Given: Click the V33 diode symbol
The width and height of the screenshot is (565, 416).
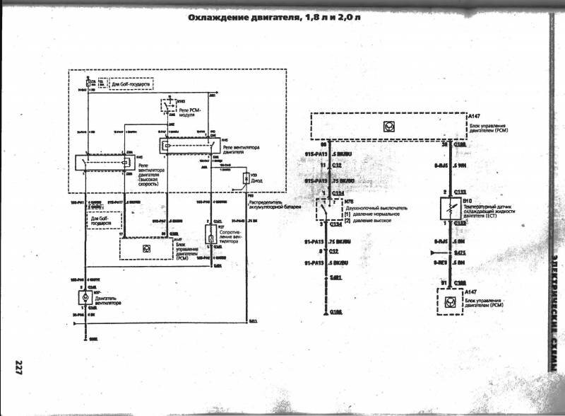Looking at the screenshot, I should (x=246, y=178).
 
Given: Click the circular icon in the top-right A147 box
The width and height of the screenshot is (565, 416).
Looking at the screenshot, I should (x=387, y=126).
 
